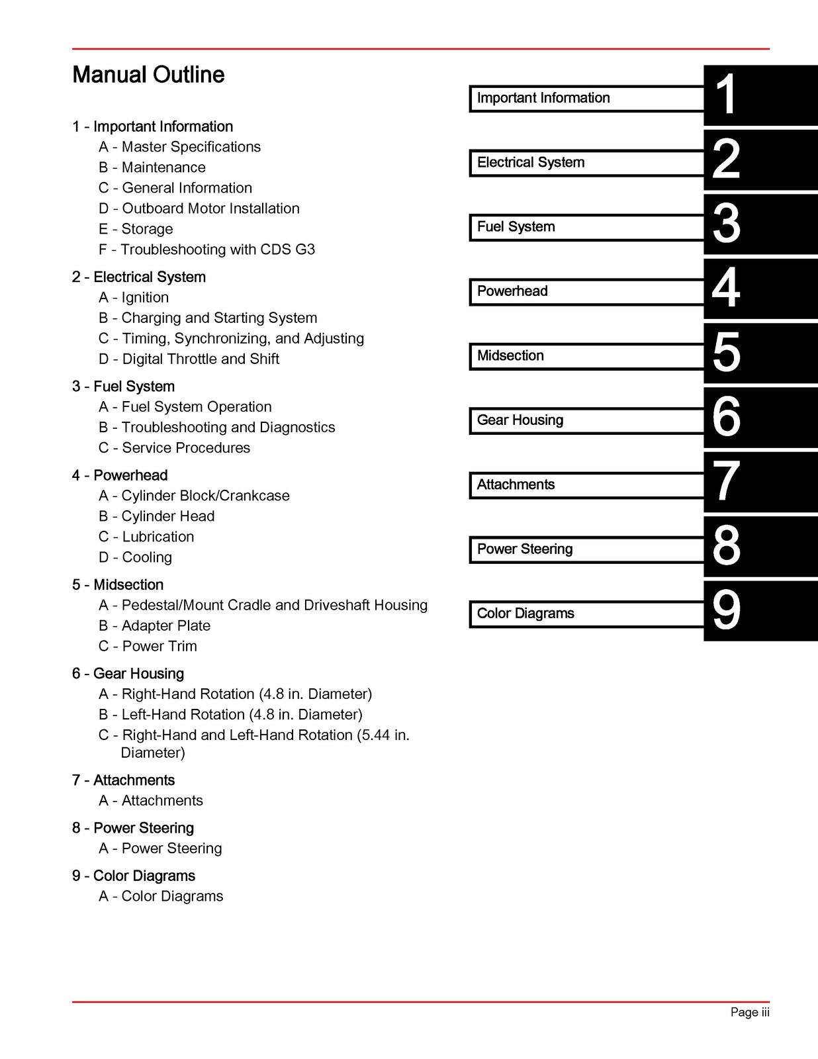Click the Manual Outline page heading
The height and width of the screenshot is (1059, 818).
pos(148,75)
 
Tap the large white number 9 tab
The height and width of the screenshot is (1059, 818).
pos(726,610)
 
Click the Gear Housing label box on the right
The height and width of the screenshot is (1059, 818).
pos(586,420)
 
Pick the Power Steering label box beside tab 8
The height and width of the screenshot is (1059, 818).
pos(586,549)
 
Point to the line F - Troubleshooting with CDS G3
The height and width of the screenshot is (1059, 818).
pos(206,250)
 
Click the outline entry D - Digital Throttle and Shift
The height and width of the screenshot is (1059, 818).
pos(189,359)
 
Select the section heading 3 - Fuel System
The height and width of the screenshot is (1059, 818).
pos(123,387)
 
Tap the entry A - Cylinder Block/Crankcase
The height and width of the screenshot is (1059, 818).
pos(194,496)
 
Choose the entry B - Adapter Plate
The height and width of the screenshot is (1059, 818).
pos(154,625)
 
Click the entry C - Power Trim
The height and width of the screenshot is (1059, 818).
pos(148,646)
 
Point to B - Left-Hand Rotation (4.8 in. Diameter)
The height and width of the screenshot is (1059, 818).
pos(230,715)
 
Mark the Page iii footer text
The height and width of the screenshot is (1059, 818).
pos(749,1012)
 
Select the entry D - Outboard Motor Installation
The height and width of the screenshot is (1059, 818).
pos(199,208)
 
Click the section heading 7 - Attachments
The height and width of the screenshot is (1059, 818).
pos(123,780)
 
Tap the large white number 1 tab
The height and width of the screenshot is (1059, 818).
pos(726,95)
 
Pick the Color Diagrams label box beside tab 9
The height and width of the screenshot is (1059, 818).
pos(586,614)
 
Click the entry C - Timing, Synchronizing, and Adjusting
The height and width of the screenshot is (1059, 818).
pos(231,338)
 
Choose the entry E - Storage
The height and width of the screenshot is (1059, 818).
pos(136,229)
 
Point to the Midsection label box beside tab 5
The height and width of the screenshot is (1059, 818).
pos(586,356)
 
